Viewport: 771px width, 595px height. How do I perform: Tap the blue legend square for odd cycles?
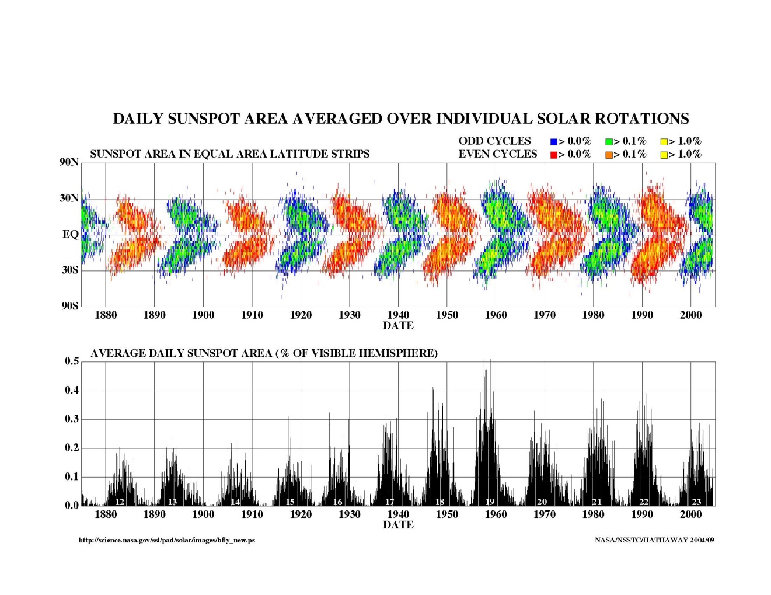pos(554,142)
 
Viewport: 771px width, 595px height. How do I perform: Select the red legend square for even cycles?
pos(554,155)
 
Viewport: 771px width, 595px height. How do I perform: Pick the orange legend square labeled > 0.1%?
pos(609,155)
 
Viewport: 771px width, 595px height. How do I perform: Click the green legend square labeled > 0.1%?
pos(609,142)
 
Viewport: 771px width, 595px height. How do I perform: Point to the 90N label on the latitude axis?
pos(69,162)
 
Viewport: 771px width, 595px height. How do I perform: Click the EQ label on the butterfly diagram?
pos(70,235)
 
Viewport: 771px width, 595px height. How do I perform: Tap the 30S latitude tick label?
pos(69,270)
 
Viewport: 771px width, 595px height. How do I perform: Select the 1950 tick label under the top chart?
pos(447,315)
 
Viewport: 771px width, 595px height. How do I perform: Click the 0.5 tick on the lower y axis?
pos(72,361)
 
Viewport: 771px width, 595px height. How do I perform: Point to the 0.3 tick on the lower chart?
pos(72,419)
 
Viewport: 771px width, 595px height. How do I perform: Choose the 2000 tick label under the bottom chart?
pos(690,514)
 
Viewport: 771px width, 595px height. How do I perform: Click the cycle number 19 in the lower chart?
pos(490,502)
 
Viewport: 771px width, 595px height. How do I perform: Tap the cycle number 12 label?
pos(120,502)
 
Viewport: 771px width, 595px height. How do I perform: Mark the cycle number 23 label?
pos(696,502)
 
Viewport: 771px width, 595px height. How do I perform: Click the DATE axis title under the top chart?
pos(398,326)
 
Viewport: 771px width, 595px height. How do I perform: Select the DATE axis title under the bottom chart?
pos(398,525)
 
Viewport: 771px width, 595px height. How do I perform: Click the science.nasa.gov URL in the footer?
pos(167,540)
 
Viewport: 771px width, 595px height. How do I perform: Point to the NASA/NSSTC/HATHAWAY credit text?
pos(654,540)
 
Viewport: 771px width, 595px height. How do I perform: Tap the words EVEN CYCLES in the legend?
pos(497,154)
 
